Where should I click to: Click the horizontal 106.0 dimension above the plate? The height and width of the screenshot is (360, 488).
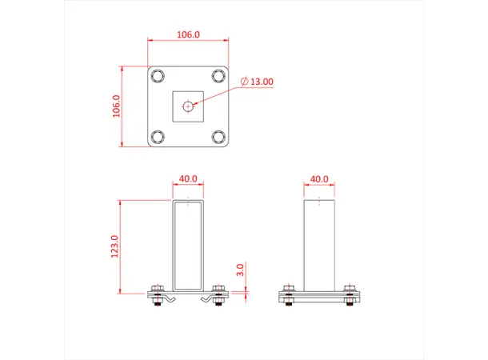188,35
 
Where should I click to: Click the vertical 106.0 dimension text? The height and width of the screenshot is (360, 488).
117,106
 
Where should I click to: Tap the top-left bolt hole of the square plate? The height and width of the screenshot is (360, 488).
158,76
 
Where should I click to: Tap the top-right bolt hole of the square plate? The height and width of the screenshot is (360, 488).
218,76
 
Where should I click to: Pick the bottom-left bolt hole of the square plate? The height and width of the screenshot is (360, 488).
158,136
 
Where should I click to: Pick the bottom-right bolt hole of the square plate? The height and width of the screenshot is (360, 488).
218,136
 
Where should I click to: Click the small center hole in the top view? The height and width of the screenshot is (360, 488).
188,106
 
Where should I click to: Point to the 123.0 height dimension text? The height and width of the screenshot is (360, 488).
114,246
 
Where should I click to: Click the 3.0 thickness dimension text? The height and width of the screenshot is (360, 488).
240,270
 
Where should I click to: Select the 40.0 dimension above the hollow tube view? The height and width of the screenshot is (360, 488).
188,179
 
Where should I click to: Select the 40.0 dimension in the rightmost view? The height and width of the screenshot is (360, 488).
319,179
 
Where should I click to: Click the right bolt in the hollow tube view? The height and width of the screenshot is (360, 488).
219,294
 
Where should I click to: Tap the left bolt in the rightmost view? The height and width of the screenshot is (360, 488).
289,294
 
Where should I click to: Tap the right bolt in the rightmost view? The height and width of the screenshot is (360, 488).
350,294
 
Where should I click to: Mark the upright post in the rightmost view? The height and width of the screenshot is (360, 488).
319,244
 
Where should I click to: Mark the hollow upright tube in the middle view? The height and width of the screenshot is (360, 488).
188,244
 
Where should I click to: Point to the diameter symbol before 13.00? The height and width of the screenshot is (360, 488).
245,82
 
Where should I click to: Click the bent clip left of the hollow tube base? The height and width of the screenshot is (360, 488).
170,298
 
